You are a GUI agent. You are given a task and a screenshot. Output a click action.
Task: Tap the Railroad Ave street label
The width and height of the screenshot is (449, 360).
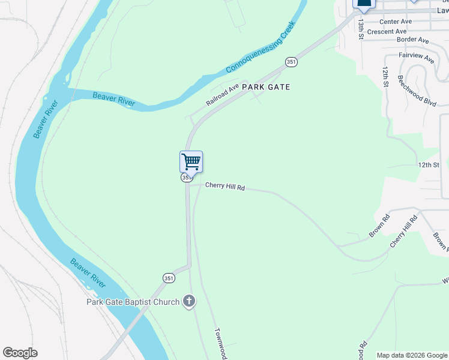point(223,95)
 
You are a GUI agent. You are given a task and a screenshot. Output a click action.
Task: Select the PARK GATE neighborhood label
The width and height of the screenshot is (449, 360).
point(266,87)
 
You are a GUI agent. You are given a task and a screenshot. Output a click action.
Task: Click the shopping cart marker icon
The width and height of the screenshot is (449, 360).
point(191,161)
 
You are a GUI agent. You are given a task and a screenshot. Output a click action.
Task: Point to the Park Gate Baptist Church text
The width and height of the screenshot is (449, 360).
point(133,302)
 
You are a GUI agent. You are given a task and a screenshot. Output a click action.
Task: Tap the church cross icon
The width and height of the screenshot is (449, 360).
point(189,301)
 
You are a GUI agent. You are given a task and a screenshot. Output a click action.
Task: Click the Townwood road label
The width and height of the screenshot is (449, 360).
point(220,343)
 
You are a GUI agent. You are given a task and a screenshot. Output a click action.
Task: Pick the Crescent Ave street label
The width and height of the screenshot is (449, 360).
point(387,31)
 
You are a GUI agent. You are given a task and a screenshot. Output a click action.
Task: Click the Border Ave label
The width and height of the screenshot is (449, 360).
point(413,40)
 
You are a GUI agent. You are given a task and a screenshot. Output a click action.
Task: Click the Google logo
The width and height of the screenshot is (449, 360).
point(20,353)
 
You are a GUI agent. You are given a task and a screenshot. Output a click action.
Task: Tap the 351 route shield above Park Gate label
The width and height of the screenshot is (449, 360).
point(291,62)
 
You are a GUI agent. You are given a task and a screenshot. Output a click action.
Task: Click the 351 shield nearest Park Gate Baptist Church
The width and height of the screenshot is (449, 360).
point(169,278)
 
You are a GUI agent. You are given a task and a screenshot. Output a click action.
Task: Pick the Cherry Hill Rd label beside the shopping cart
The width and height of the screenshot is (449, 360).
point(225,187)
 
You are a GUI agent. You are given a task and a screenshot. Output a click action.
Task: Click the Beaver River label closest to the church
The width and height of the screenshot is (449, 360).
point(88,272)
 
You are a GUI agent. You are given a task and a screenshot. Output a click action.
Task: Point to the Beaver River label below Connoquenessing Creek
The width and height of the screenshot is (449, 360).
point(113,98)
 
